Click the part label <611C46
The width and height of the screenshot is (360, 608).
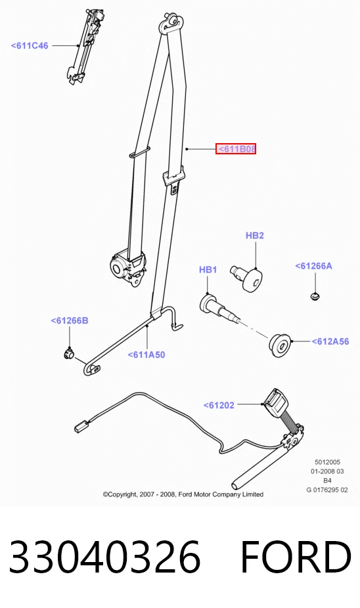click(30, 45)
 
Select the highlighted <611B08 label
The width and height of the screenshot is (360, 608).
click(236, 149)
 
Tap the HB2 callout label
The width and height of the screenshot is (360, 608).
click(255, 235)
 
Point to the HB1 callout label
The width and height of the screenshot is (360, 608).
click(208, 269)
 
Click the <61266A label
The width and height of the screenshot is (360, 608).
click(313, 266)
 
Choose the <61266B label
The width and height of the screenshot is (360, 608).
click(70, 320)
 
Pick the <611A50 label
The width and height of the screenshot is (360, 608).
click(146, 355)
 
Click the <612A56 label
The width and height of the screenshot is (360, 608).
click(330, 341)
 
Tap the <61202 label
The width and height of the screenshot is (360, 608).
click(219, 405)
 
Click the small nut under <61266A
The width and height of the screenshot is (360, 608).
click(315, 297)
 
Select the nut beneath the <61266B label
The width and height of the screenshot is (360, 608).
click(69, 353)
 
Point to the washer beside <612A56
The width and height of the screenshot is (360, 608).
click(280, 345)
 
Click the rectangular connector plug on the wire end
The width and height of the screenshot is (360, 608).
click(81, 427)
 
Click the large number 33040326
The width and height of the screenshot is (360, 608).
click(104, 556)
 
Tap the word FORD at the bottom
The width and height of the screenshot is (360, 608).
click(296, 556)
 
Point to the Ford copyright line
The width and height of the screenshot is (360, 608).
click(183, 494)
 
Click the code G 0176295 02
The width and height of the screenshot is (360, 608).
click(327, 490)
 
